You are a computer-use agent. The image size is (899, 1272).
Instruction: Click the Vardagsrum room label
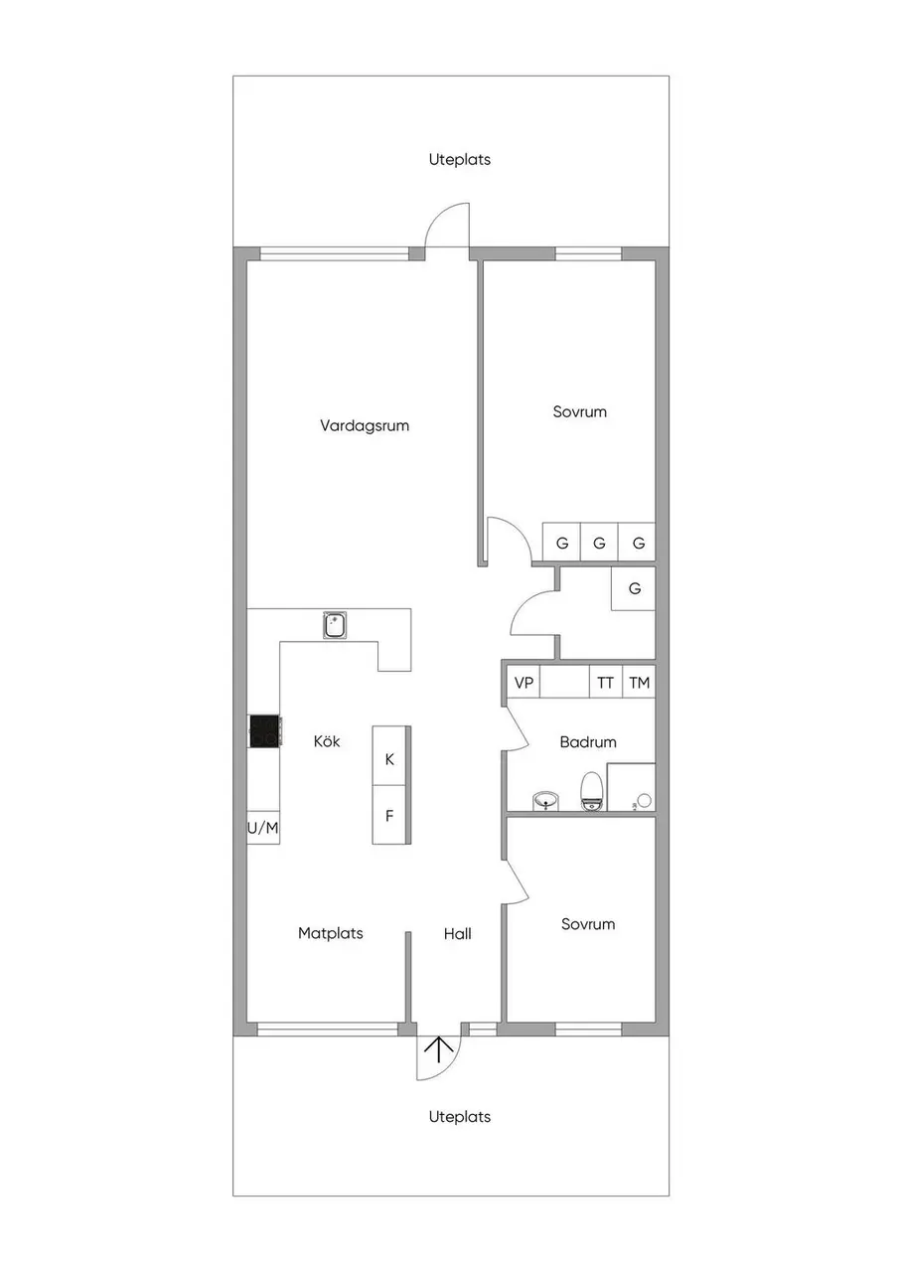(365, 426)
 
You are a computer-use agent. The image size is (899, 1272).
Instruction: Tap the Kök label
(327, 741)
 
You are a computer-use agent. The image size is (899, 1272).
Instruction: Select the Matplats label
(331, 933)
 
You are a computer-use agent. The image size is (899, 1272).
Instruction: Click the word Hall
(457, 933)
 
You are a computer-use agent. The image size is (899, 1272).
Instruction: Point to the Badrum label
(588, 741)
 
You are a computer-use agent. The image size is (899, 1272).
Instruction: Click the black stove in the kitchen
(265, 730)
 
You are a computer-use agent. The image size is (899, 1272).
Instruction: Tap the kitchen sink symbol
(336, 625)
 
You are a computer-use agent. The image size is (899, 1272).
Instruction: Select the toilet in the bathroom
(591, 790)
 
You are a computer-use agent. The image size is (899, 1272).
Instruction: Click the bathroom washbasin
(546, 801)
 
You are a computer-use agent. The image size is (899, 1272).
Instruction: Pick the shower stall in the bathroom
(631, 787)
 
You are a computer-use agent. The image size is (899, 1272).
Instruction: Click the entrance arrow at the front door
(439, 1049)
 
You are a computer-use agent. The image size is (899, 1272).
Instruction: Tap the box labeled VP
(524, 682)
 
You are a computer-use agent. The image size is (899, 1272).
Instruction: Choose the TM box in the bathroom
(639, 682)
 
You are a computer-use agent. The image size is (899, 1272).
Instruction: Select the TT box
(606, 682)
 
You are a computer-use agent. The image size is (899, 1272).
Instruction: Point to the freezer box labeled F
(389, 815)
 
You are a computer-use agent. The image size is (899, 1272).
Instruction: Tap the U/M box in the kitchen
(263, 828)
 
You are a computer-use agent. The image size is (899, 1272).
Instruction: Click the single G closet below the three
(634, 589)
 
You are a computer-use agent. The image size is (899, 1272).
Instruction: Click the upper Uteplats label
(460, 160)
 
